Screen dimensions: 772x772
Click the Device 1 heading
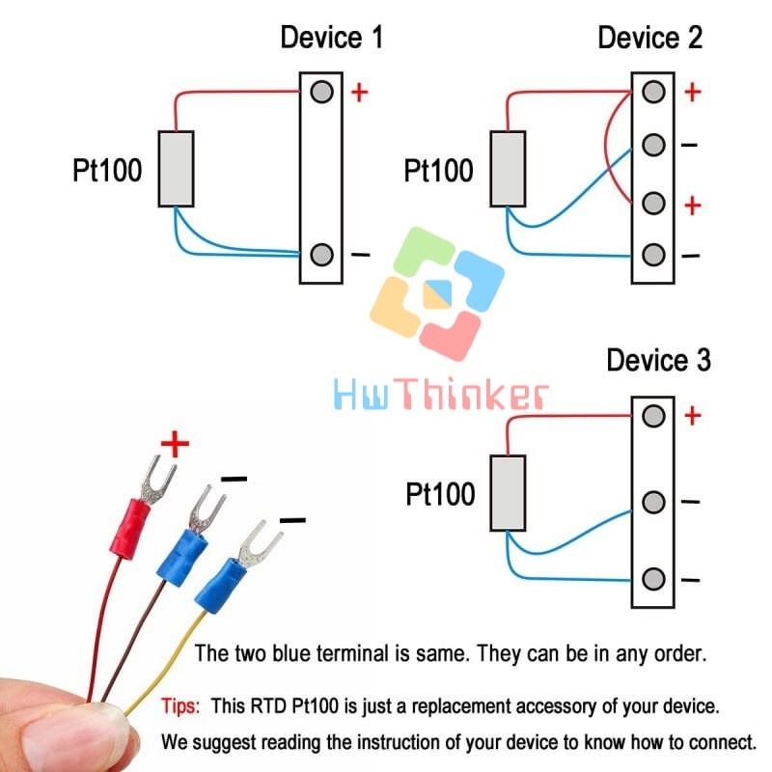coord(331,39)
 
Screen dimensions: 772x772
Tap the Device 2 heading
coord(649,39)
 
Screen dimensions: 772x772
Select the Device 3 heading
coord(658,361)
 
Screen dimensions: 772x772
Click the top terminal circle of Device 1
coord(322,92)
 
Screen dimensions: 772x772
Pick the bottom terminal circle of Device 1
coord(322,256)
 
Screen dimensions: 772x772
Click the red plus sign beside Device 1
coord(359,93)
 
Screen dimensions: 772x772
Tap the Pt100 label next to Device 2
coord(439,171)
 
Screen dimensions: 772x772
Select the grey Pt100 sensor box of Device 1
coord(176,168)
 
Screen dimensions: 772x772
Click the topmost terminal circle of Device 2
coord(654,93)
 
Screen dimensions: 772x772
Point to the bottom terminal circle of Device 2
coord(654,256)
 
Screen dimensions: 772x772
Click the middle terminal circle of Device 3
coord(654,503)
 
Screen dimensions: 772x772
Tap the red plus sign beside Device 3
coord(691,416)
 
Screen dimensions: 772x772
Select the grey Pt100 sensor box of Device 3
coord(509,492)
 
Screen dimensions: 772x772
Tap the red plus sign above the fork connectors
coord(175,445)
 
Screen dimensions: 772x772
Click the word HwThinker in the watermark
coord(441,395)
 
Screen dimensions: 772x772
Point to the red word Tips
coord(180,706)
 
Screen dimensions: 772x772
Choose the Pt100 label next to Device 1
coord(107,171)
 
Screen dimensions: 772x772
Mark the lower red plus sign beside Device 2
coord(691,206)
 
